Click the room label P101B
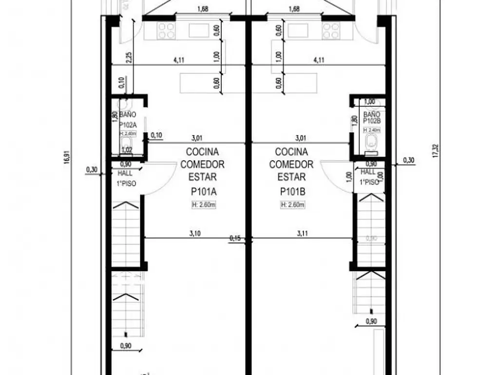(x=291, y=192)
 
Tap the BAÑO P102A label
(x=127, y=120)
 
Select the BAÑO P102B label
(x=371, y=120)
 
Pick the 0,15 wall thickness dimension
(x=235, y=238)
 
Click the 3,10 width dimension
(x=194, y=233)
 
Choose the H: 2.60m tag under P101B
(x=292, y=205)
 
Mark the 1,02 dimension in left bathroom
(x=127, y=150)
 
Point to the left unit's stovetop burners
(x=166, y=31)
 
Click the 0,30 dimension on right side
(x=408, y=160)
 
